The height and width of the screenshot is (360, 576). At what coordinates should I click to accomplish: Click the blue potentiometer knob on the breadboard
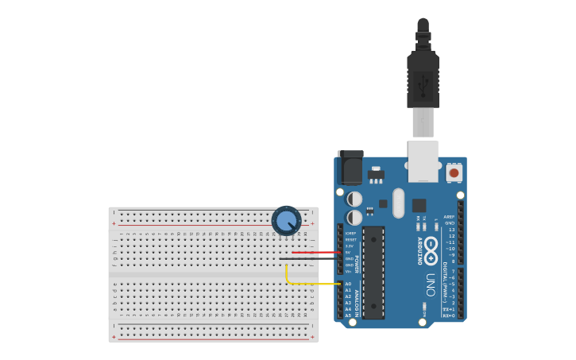[286, 221]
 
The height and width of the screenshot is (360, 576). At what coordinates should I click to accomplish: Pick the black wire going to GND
[310, 258]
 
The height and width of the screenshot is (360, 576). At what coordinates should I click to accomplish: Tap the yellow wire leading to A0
[314, 284]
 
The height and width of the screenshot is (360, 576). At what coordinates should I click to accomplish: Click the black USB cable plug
[423, 79]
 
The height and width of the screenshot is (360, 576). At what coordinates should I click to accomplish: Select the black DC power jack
[350, 168]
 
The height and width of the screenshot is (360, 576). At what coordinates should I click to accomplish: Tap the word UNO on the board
[431, 285]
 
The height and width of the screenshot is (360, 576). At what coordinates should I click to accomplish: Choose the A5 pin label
[348, 315]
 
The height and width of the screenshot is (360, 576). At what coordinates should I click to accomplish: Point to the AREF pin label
[449, 217]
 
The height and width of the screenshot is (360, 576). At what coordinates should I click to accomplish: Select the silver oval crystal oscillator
[398, 202]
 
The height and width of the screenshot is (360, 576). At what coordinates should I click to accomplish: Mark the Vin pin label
[349, 271]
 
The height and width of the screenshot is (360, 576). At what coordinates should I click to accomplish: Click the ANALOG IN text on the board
[357, 302]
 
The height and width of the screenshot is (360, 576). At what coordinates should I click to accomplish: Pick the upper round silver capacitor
[355, 199]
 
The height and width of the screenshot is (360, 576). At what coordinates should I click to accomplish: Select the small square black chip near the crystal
[419, 205]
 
